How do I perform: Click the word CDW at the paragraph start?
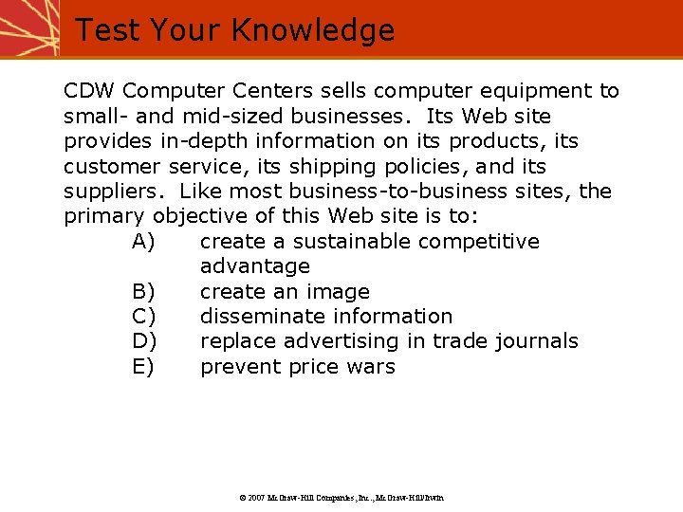coord(89,91)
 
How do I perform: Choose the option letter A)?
coord(144,242)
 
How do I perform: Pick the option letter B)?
coord(144,292)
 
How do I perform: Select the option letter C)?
coord(144,317)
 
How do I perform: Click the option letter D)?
coord(144,341)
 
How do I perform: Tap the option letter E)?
coord(144,367)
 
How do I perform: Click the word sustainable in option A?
coord(347,242)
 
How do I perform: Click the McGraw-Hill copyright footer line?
coord(341,497)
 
